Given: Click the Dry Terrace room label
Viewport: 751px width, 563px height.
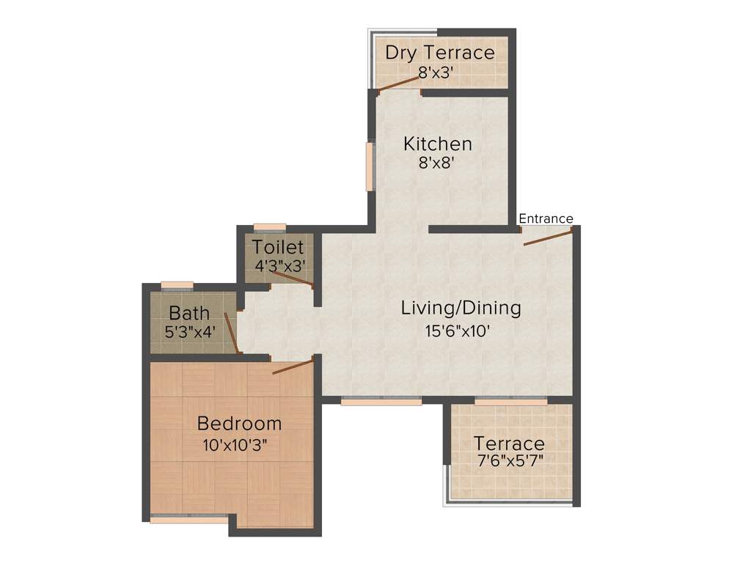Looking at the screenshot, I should point(439,53).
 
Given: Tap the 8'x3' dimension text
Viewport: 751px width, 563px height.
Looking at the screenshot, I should point(439,73).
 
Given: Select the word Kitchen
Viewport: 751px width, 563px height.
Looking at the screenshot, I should point(438,144).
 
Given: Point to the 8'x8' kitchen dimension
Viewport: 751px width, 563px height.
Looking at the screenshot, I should point(438,163).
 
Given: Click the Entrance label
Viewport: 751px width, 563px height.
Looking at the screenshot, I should point(546,218).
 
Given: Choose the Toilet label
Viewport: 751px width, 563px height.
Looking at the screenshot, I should point(278,246).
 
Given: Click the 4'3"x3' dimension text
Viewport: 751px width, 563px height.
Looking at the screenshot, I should point(279,266).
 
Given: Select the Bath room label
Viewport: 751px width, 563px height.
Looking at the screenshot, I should point(189,314).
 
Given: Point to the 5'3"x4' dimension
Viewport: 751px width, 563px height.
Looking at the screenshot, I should point(190,331).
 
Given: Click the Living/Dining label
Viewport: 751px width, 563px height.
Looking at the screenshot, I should point(461,308).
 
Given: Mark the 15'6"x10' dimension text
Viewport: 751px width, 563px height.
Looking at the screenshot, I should point(458,331).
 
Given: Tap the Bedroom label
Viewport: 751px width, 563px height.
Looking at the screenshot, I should point(240,424).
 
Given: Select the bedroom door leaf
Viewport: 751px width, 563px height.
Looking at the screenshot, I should point(293,367).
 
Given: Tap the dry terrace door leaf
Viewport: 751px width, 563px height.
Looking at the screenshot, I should point(399,84).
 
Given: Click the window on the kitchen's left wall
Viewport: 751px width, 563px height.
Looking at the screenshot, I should point(370,166).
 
